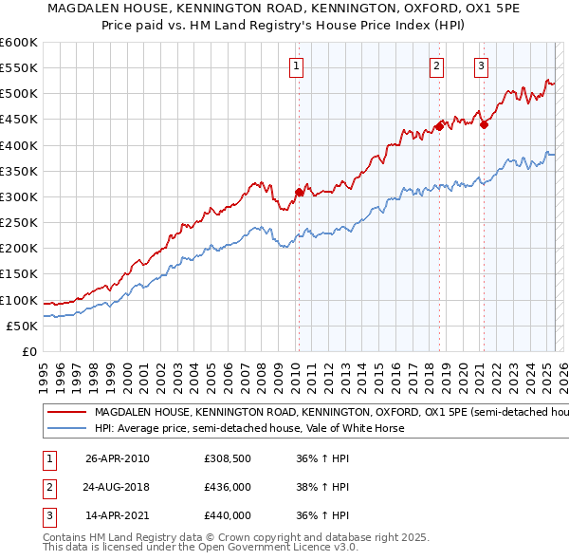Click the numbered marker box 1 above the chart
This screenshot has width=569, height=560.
[x=297, y=66]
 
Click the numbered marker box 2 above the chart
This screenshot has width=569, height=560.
[x=436, y=66]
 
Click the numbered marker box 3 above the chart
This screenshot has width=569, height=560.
[x=481, y=66]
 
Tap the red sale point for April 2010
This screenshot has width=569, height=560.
[x=299, y=193]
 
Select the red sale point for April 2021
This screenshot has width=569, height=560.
[x=484, y=124]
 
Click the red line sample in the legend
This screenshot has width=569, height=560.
[x=66, y=413]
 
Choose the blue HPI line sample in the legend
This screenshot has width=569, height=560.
[x=66, y=428]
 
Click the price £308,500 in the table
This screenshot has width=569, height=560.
[x=228, y=458]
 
